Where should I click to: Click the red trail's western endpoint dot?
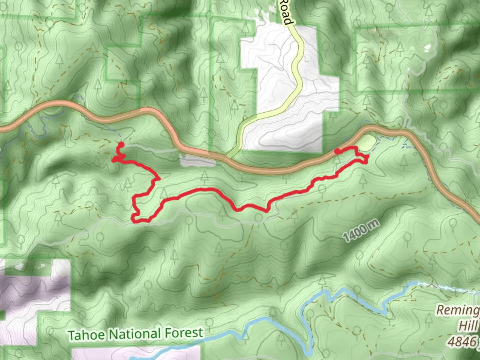click(121, 144)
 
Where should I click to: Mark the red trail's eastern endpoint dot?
click(337, 152)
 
